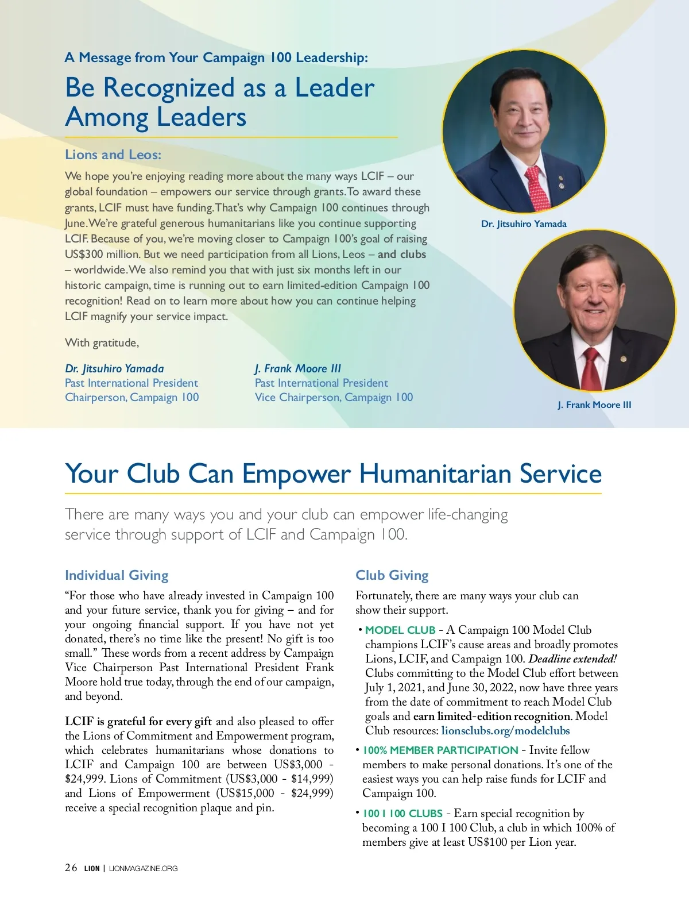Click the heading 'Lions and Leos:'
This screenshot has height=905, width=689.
113,155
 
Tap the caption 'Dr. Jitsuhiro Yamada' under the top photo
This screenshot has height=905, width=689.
524,224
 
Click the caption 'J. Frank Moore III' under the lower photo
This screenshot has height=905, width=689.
594,405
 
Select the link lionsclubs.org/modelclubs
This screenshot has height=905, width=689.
505,731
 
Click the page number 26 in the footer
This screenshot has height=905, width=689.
71,868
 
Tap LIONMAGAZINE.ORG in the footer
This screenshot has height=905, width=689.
143,868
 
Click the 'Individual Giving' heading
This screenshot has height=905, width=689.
117,575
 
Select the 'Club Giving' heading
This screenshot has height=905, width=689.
392,575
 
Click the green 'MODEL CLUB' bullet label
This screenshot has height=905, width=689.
400,630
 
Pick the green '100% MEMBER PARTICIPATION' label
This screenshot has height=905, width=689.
440,750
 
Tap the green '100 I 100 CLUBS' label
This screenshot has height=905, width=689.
402,814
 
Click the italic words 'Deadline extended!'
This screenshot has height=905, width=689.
572,659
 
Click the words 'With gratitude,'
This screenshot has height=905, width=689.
102,343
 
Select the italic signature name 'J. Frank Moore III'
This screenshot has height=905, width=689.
298,369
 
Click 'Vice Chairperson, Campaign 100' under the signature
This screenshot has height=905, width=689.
334,398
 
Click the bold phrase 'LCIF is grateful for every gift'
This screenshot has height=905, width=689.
138,722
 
